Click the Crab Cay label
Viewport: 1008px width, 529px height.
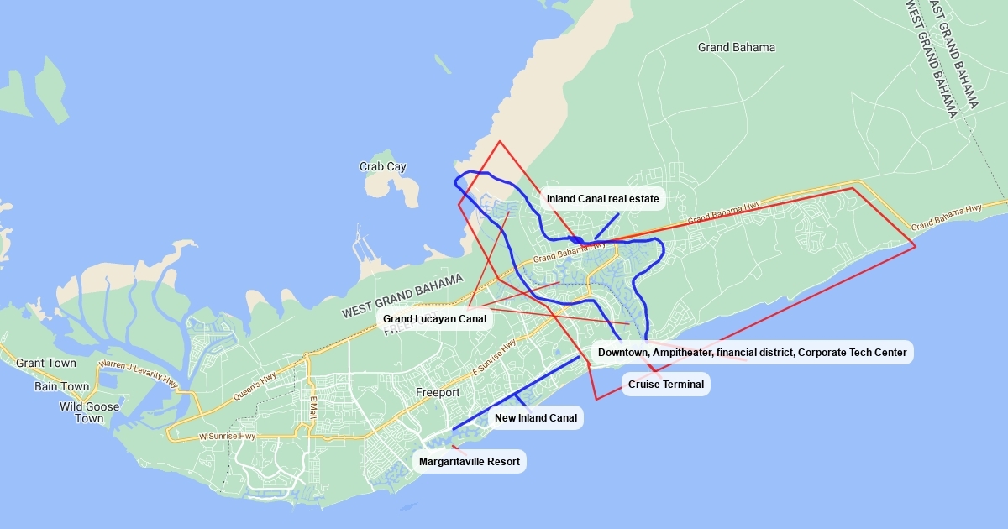coord(382,167)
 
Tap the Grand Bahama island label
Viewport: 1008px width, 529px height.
coord(736,47)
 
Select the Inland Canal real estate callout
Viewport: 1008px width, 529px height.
coord(603,199)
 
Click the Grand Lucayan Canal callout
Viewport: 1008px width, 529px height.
coord(434,319)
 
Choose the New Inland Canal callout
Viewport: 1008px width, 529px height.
coord(535,418)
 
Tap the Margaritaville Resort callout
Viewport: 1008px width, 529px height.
coord(469,461)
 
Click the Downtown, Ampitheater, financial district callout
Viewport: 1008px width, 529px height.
coord(752,353)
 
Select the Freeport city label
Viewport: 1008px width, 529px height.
coord(438,392)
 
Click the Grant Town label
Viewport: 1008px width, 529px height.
coord(45,364)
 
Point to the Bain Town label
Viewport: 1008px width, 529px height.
coord(61,386)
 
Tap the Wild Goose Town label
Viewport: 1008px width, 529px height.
coord(89,412)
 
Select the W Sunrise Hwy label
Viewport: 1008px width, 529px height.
coord(228,437)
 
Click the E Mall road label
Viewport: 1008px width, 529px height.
coord(312,406)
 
